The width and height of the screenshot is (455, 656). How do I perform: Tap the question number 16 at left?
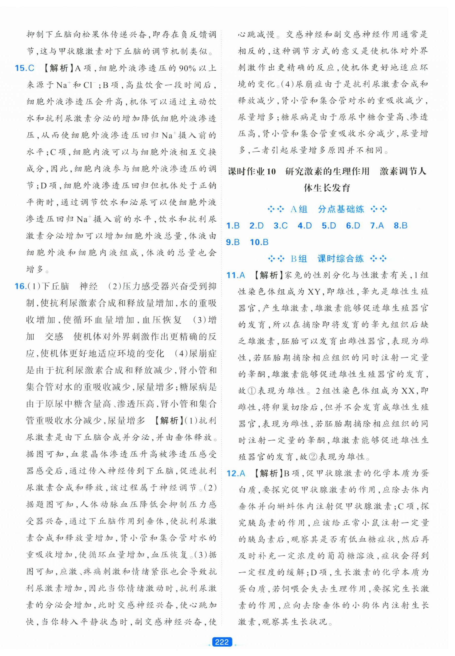pyautogui.click(x=21, y=286)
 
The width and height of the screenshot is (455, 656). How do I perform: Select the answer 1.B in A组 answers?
pyautogui.click(x=233, y=226)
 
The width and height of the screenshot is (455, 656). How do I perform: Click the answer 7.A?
pyautogui.click(x=377, y=226)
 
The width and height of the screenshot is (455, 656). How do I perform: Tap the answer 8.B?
pyautogui.click(x=401, y=226)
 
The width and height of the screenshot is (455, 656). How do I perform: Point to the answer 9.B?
pyautogui.click(x=233, y=242)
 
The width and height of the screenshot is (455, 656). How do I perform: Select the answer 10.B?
pyautogui.click(x=259, y=242)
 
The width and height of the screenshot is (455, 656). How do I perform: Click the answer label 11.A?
pyautogui.click(x=235, y=275)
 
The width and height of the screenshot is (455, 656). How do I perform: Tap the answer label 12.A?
pyautogui.click(x=235, y=473)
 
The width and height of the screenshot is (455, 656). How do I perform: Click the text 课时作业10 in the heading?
pyautogui.click(x=252, y=171)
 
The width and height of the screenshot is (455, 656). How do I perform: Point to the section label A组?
pyautogui.click(x=298, y=209)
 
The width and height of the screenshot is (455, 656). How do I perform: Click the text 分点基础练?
pyautogui.click(x=341, y=209)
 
